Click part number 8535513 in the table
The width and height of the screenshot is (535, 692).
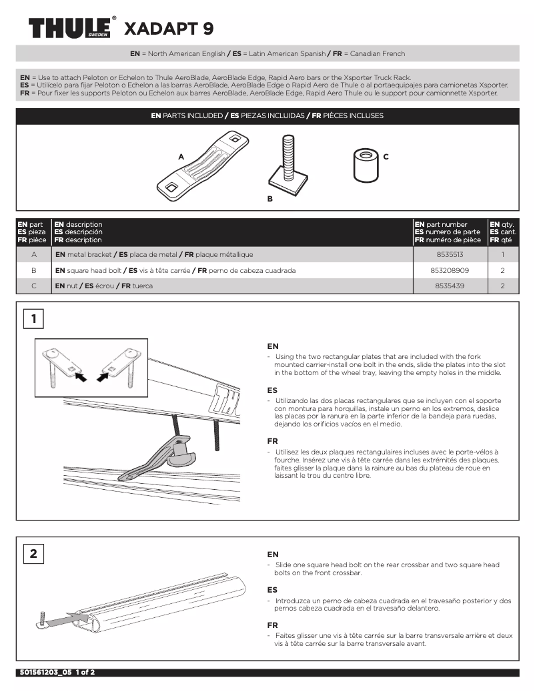point(450,255)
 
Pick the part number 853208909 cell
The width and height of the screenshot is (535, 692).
point(450,270)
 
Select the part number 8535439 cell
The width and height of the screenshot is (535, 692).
point(450,286)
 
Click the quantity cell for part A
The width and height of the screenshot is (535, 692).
point(502,255)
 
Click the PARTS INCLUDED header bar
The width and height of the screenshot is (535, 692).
point(267,115)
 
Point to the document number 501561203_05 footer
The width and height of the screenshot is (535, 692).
point(55,672)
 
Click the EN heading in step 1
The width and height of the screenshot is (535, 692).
point(272,346)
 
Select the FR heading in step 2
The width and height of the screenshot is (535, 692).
point(272,625)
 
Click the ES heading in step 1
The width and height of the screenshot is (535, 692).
point(272,390)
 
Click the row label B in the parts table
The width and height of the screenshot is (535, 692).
point(33,270)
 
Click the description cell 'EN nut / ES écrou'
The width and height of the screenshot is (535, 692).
point(104,286)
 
